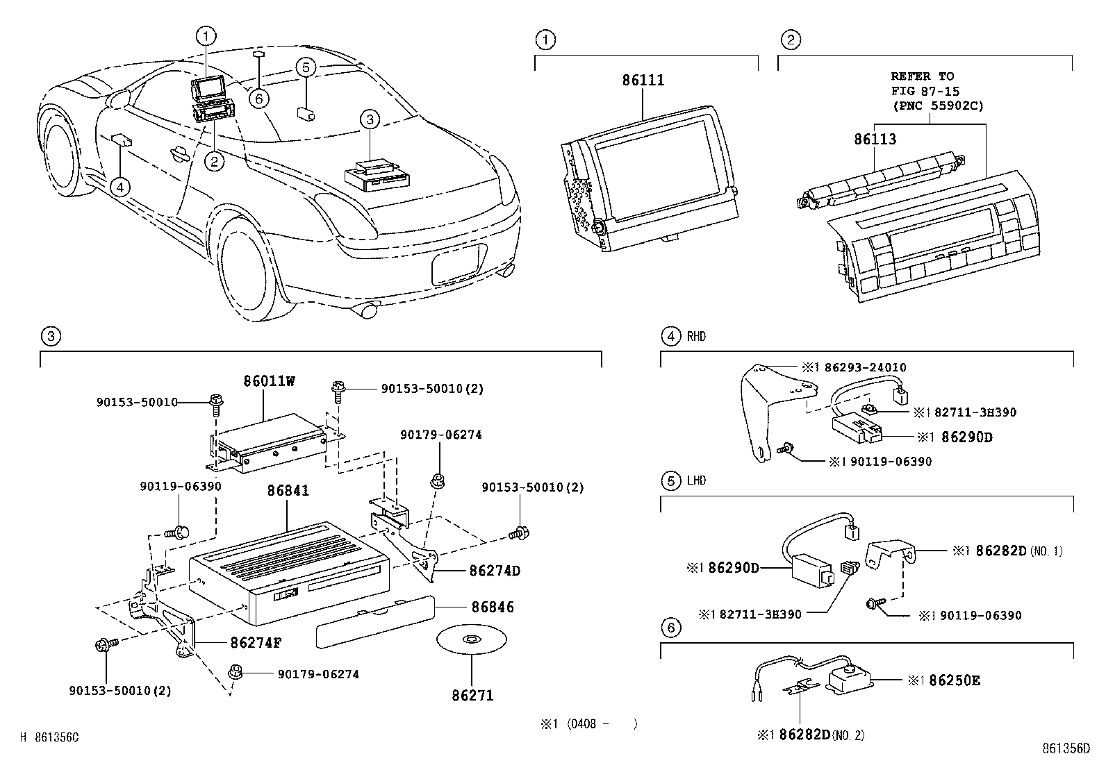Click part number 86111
point(643,81)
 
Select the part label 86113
point(875,139)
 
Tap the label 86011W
point(269,381)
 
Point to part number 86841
point(288,490)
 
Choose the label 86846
point(493,607)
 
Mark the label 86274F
point(256,642)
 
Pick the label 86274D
point(495,571)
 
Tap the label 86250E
point(954,680)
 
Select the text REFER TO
point(923,76)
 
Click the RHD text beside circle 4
point(696,337)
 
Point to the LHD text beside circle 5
point(696,480)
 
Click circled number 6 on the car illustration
point(258,99)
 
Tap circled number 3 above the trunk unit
point(370,120)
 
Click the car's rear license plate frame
point(455,264)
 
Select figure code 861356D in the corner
point(1066,748)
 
